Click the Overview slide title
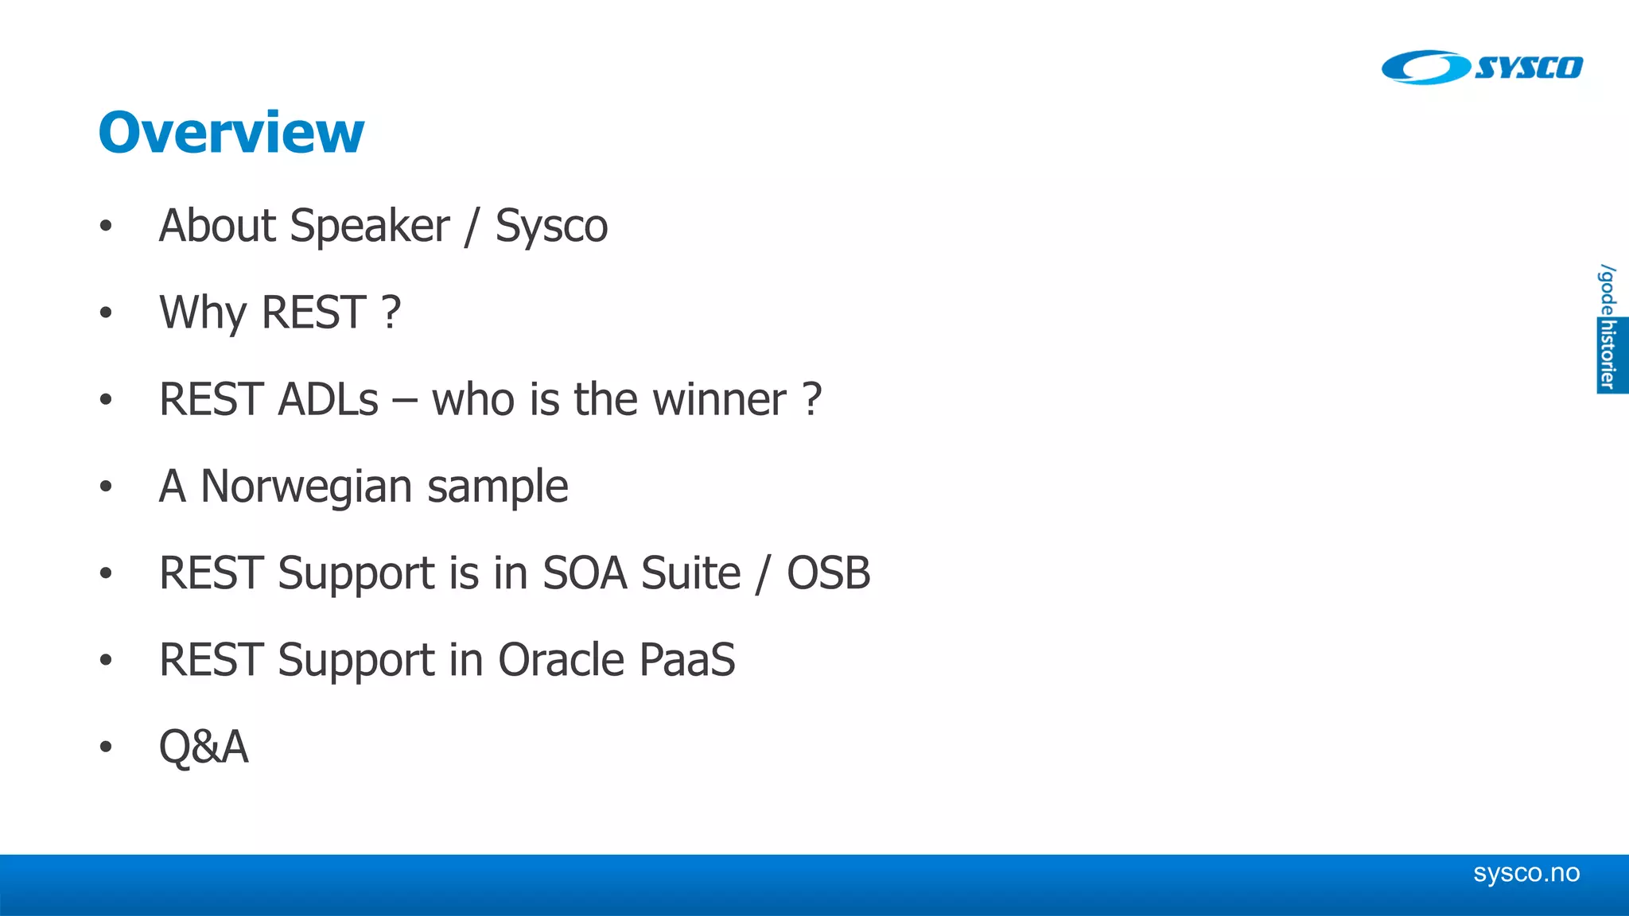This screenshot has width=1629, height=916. [231, 132]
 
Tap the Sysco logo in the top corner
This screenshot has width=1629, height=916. [1481, 68]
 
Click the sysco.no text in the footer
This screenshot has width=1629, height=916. [1526, 873]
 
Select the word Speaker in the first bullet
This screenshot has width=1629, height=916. [370, 227]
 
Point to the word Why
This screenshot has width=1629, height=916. [203, 312]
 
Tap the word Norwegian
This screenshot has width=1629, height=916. [306, 487]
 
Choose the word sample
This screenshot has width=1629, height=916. [498, 487]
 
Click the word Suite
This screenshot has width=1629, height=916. [690, 573]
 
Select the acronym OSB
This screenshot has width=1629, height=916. [828, 573]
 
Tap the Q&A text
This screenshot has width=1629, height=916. [204, 747]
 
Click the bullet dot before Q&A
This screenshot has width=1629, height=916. [106, 747]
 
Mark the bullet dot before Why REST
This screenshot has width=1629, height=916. [106, 312]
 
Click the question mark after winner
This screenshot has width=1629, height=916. [811, 399]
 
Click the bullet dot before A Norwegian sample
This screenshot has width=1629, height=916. [106, 486]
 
